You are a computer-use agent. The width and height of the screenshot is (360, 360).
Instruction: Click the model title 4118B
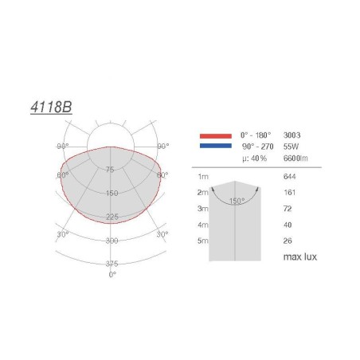(x=51, y=108)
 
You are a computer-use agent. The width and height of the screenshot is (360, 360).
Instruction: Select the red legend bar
(x=216, y=136)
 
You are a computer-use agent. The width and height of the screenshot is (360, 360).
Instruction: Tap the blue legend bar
(x=216, y=146)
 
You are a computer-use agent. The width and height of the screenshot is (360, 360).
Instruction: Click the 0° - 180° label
(x=256, y=135)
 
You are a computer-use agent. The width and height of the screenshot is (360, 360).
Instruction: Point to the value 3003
(x=292, y=135)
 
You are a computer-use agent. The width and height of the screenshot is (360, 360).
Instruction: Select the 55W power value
(x=291, y=147)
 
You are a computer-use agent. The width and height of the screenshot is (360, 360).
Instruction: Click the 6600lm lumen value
(x=295, y=158)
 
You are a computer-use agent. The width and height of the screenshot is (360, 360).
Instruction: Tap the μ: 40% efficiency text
(x=254, y=158)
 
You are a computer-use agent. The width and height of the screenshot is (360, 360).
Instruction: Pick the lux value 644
(x=289, y=177)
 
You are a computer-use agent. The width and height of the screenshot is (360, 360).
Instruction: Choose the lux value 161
(x=289, y=193)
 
